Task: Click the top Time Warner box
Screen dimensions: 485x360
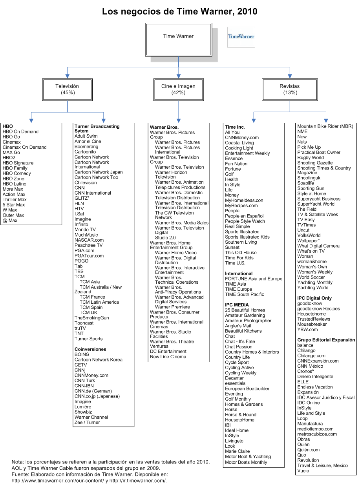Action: (178, 36)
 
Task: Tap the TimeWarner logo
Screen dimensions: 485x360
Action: (241, 37)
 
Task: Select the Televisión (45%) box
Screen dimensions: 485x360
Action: (67, 89)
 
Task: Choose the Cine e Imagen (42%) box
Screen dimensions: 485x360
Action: (178, 89)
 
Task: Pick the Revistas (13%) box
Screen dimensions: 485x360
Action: (290, 89)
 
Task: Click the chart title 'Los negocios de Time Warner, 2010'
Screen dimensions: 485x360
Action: (180, 11)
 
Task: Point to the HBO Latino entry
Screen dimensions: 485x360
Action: (15, 184)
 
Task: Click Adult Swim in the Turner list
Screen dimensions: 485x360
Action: (86, 136)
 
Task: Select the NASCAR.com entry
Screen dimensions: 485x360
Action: (89, 240)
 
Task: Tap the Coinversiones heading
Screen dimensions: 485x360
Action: (90, 349)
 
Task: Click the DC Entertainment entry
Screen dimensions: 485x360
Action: (168, 352)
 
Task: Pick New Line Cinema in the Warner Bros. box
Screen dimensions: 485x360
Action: (168, 357)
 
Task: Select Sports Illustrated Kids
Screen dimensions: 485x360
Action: (247, 237)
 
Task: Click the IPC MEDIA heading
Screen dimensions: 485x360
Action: (237, 305)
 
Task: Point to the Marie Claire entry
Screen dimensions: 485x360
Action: (237, 451)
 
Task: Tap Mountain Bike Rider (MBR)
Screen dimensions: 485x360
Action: (325, 126)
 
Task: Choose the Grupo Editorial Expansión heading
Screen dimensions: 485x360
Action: (326, 340)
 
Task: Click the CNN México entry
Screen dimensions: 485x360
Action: (310, 366)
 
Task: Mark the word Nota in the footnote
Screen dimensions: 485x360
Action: (17, 462)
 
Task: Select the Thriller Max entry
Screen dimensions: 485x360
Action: (15, 199)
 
